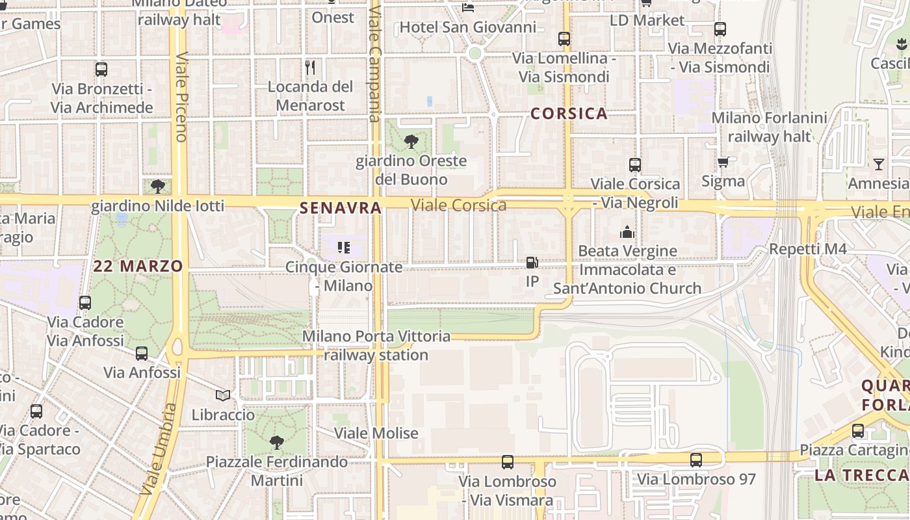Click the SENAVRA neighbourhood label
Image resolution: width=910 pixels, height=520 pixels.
tap(340, 208)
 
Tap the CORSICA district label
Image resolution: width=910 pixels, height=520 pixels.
tap(569, 114)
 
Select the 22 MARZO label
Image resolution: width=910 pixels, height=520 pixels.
tap(138, 266)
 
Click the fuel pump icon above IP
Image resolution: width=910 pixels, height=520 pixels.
tap(532, 263)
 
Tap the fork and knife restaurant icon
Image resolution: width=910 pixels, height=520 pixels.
tap(310, 67)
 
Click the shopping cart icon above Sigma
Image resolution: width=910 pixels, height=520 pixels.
tap(723, 162)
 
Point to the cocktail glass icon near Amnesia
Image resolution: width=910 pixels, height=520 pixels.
tap(879, 164)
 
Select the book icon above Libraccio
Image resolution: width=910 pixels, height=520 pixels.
tap(223, 395)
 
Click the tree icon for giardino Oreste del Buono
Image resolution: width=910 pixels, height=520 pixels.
tap(411, 141)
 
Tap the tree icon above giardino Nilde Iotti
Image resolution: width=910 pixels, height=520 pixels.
tap(157, 187)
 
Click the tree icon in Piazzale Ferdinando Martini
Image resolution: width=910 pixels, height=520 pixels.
tap(277, 443)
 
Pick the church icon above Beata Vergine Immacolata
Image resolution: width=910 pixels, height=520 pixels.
tap(627, 231)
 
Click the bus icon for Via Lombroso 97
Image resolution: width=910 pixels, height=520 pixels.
tap(696, 460)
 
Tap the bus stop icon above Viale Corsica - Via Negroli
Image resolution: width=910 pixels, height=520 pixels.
tap(635, 165)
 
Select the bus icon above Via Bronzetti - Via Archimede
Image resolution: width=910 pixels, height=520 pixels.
tap(101, 70)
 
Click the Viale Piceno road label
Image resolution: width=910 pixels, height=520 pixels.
tap(181, 96)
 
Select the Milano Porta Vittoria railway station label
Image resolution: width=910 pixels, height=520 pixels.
tap(376, 346)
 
